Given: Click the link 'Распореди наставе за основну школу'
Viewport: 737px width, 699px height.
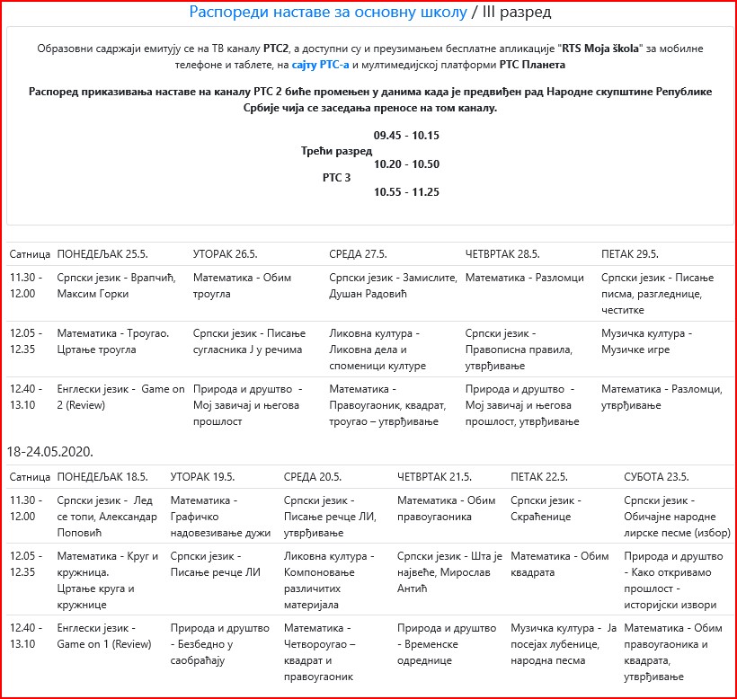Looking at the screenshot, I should pos(328,13).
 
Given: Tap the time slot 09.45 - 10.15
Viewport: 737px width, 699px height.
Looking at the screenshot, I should pos(406,136).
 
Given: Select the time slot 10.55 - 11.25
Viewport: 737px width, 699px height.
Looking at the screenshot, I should pos(406,192).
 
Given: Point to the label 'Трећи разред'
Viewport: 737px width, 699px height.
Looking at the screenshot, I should pos(336,151).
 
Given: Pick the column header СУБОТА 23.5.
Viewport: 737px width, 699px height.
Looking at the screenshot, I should pos(656,476).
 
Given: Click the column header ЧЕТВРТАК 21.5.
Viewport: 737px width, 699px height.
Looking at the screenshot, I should pos(435,476).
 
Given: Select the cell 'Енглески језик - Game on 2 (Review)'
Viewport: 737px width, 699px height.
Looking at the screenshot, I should pos(109,397).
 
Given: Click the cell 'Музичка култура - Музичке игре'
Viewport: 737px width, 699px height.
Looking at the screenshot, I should pos(646,341).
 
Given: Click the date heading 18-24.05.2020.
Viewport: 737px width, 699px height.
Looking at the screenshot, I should pos(50,450).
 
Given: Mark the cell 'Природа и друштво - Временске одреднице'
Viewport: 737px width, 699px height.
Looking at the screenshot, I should pos(446,636).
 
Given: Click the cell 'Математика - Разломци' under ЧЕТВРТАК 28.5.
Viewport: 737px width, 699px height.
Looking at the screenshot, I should pos(524,279).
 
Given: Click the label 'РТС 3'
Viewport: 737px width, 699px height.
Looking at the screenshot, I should pos(336,177).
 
